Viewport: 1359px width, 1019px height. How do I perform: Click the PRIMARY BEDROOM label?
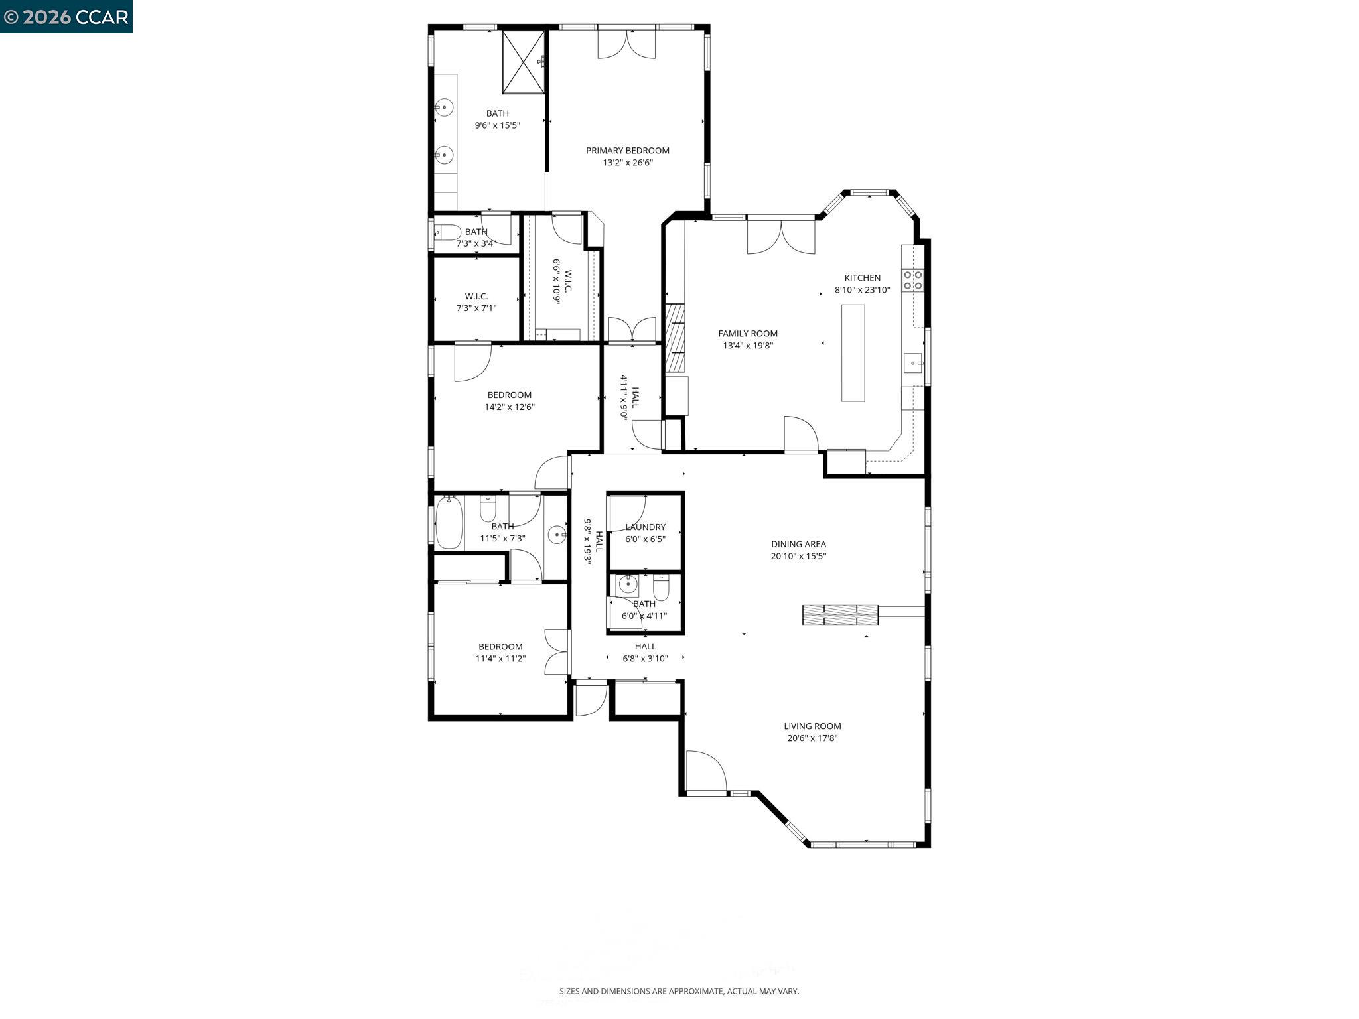[x=627, y=151]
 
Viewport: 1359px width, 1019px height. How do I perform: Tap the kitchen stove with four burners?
[x=913, y=280]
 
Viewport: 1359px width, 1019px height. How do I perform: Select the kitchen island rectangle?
[x=853, y=353]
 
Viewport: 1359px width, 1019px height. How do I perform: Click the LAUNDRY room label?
[x=645, y=527]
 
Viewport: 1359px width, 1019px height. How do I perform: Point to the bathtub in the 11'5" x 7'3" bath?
[x=449, y=523]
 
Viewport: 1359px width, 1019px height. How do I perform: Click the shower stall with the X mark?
[x=524, y=62]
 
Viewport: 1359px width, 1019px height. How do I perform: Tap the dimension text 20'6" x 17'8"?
[x=812, y=738]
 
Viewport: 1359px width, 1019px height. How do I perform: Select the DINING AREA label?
[x=798, y=544]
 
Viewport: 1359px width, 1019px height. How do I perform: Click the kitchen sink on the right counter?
[x=913, y=363]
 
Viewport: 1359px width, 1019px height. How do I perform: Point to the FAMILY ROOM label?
[x=748, y=334]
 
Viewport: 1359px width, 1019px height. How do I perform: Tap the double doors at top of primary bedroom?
[x=626, y=44]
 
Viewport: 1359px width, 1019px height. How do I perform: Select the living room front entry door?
[x=706, y=772]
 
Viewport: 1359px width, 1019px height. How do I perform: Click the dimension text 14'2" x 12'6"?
[x=509, y=407]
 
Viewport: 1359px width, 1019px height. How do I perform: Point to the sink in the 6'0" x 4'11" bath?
[x=627, y=584]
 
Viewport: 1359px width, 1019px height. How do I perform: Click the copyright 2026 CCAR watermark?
[x=66, y=16]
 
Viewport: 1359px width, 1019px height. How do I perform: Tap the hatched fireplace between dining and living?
[x=839, y=615]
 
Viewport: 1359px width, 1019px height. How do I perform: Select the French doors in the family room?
[x=781, y=237]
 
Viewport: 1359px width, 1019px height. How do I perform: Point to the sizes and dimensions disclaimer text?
[x=679, y=991]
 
